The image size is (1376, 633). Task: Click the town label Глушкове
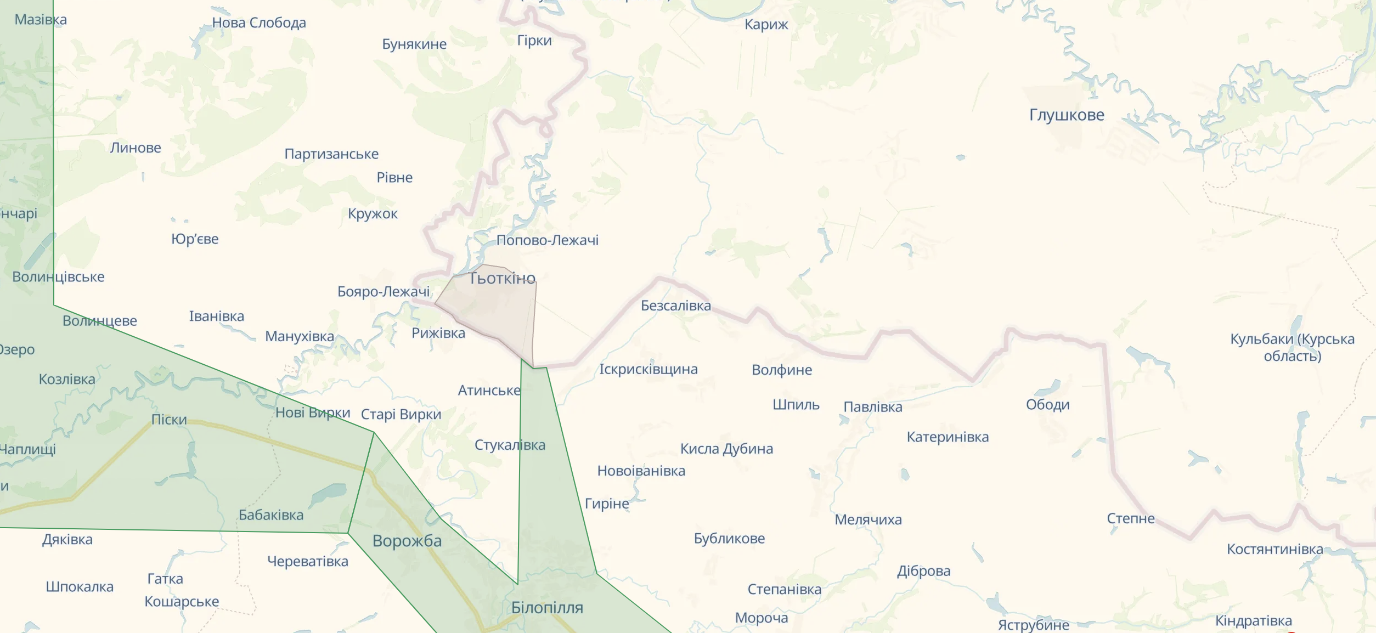[1067, 115]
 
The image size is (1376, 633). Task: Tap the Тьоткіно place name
[502, 279]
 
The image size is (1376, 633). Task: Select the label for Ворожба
[407, 541]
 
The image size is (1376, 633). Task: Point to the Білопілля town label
[547, 608]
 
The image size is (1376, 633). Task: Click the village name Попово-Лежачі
[548, 240]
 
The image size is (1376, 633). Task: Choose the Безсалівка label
[676, 306]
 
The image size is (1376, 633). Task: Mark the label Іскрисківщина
[648, 369]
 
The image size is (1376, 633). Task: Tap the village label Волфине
[782, 370]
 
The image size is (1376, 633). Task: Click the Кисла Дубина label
[726, 449]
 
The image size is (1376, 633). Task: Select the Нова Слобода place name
[259, 23]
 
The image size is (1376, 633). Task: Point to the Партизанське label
[331, 154]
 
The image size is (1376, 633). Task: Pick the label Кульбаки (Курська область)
[1292, 347]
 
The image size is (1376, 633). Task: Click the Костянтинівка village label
[1275, 549]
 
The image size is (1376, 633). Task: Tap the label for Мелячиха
[868, 519]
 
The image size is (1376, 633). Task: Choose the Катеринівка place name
[948, 437]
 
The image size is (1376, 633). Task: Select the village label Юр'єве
[195, 239]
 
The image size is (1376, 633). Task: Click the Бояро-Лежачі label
[384, 292]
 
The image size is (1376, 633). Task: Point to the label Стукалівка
[510, 445]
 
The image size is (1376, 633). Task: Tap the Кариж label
[766, 25]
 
